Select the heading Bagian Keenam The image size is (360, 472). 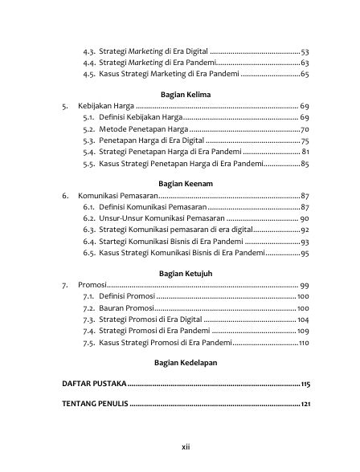pos(180,183)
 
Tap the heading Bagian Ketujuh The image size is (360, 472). pos(180,273)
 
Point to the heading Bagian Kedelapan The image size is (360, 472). pos(180,363)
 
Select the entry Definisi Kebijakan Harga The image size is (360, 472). pos(140,118)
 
